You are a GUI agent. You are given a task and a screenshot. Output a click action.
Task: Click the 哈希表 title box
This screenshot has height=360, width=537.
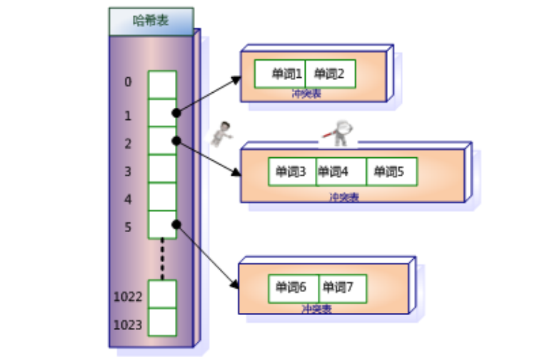tap(151, 21)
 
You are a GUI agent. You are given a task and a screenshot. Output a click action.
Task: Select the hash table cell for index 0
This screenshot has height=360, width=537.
tap(162, 84)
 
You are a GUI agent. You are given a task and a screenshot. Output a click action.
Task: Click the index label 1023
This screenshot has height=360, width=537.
tap(128, 326)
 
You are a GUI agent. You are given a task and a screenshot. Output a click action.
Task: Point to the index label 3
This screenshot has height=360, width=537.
tap(128, 171)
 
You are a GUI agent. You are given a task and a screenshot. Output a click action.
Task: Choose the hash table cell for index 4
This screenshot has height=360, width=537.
tap(162, 196)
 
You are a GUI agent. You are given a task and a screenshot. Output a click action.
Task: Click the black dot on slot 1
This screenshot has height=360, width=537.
tap(176, 113)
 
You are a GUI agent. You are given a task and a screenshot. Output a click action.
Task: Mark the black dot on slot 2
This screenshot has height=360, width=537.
tap(176, 141)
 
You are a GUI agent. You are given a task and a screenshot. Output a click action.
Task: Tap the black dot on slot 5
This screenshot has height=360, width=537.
tap(176, 224)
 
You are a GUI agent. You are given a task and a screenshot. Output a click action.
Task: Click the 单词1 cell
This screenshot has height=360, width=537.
tap(280, 74)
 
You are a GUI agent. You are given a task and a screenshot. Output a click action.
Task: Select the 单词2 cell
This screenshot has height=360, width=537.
tap(330, 74)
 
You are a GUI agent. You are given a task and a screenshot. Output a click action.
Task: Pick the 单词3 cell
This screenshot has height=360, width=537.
tap(291, 171)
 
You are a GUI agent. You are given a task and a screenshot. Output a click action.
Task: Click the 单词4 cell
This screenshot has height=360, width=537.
tap(340, 171)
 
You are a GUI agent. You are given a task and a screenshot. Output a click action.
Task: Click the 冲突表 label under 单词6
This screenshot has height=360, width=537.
tap(316, 309)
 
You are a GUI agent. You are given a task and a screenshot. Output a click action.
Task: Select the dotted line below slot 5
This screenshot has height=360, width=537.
tap(162, 259)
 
